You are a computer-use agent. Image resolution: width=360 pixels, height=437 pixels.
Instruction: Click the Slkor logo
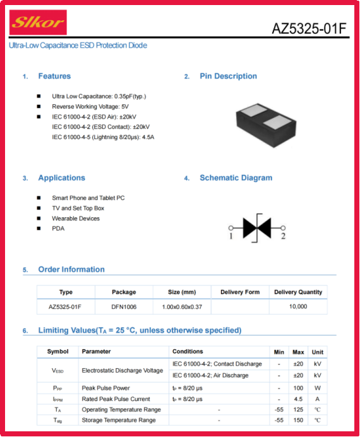[x=38, y=22]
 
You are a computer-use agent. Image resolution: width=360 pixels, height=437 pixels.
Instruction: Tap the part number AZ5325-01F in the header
[x=309, y=28]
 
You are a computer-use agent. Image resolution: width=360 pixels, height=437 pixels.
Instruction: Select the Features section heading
[x=54, y=76]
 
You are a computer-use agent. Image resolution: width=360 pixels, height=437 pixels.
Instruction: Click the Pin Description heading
[x=228, y=76]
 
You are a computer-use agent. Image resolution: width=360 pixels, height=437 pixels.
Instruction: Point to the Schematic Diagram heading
[x=236, y=178]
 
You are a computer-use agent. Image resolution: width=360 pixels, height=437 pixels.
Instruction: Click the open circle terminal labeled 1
[x=231, y=228]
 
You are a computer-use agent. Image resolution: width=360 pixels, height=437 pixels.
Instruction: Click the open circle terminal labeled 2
[x=283, y=228]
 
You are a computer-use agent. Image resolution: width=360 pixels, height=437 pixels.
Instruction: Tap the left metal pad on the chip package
[x=254, y=110]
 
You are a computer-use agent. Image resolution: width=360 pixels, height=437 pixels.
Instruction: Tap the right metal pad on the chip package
[x=277, y=123]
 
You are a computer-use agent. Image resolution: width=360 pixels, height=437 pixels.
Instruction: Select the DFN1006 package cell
[x=124, y=307]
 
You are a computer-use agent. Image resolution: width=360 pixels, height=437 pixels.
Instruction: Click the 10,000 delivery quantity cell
[x=298, y=306]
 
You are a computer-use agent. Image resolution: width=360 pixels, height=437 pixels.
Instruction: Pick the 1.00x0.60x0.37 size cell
[x=182, y=307]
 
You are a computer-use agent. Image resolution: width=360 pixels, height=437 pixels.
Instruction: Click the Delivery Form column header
[x=240, y=292]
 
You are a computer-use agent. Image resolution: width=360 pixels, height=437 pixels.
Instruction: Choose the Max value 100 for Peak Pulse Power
[x=298, y=388]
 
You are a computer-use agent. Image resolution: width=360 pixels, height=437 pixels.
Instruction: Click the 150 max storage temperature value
[x=298, y=420]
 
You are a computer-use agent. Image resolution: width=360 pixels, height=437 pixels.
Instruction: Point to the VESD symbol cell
[x=57, y=371]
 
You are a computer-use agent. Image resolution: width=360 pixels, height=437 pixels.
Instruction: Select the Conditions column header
[x=188, y=352]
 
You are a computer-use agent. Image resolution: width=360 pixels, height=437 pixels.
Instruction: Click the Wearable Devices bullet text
[x=76, y=218]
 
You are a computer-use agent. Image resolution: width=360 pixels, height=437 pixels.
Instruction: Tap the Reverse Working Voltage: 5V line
[x=90, y=107]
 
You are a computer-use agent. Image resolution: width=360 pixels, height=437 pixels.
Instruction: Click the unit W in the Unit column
[x=317, y=388]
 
